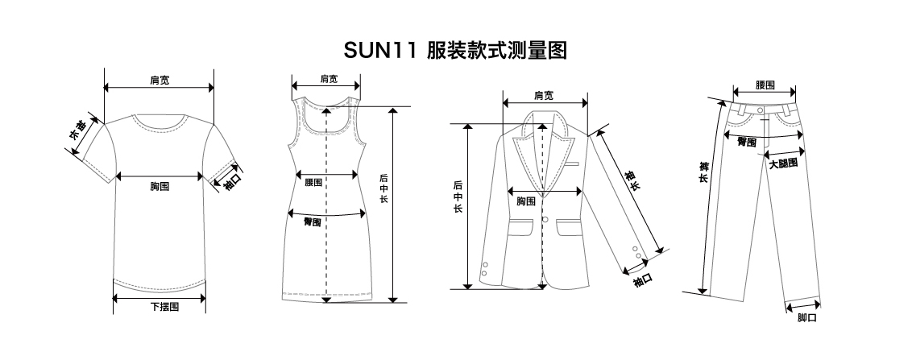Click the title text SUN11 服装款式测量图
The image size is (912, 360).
click(455, 52)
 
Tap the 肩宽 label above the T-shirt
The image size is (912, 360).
click(159, 80)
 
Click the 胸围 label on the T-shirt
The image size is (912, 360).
click(159, 187)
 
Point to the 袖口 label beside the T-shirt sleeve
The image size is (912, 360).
click(232, 180)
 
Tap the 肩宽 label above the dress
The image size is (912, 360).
click(328, 78)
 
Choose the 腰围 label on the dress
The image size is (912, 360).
click(314, 183)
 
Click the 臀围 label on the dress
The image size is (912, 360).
click(313, 221)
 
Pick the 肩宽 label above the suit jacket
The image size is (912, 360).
click(544, 95)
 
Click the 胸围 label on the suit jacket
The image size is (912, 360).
click(526, 201)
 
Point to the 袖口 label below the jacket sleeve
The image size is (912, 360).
click(641, 280)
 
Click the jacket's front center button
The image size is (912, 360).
click(545, 220)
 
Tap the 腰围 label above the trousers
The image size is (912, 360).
click(765, 85)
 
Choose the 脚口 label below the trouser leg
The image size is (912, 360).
click(806, 318)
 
